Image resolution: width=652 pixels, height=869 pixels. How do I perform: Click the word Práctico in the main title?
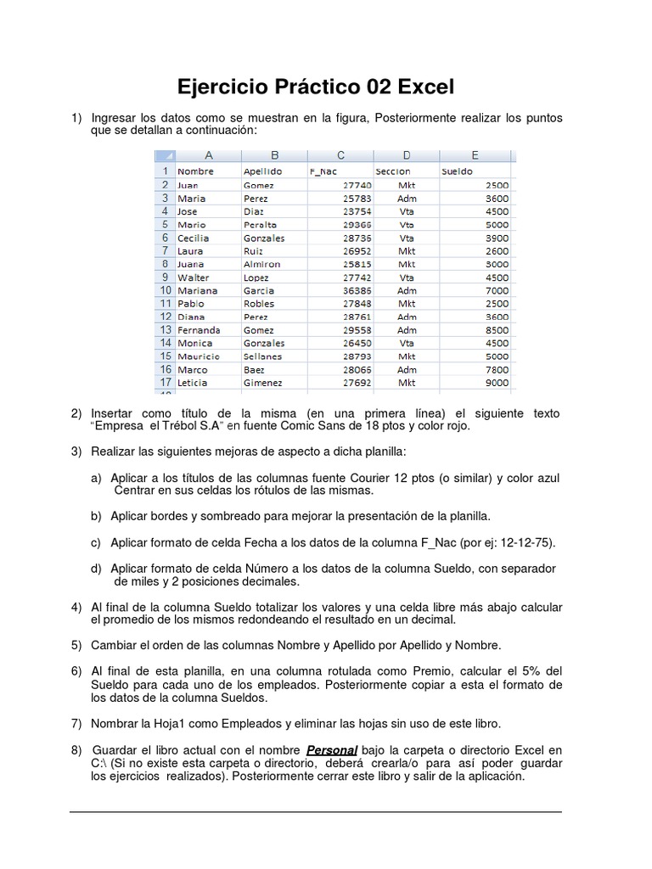pyautogui.click(x=316, y=87)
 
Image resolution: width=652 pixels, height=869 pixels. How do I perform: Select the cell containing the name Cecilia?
pyautogui.click(x=193, y=238)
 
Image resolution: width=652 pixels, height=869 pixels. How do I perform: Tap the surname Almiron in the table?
pyautogui.click(x=261, y=265)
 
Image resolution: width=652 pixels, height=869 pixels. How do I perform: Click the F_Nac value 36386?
pyautogui.click(x=355, y=290)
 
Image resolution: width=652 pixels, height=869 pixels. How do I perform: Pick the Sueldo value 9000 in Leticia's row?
pyautogui.click(x=497, y=383)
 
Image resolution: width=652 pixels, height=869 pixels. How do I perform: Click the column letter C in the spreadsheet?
pyautogui.click(x=340, y=155)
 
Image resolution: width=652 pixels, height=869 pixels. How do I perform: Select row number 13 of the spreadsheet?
pyautogui.click(x=164, y=329)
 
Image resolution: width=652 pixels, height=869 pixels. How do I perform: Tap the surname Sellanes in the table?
pyautogui.click(x=262, y=356)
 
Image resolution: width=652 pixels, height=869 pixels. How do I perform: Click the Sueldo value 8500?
pyautogui.click(x=497, y=330)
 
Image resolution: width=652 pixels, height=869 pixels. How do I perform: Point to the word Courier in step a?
pyautogui.click(x=386, y=479)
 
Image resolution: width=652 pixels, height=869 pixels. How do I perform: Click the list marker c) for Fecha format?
pyautogui.click(x=97, y=541)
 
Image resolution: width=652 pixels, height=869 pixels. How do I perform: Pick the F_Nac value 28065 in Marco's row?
pyautogui.click(x=355, y=370)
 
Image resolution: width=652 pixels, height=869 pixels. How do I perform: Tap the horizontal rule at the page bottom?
pyautogui.click(x=315, y=812)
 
